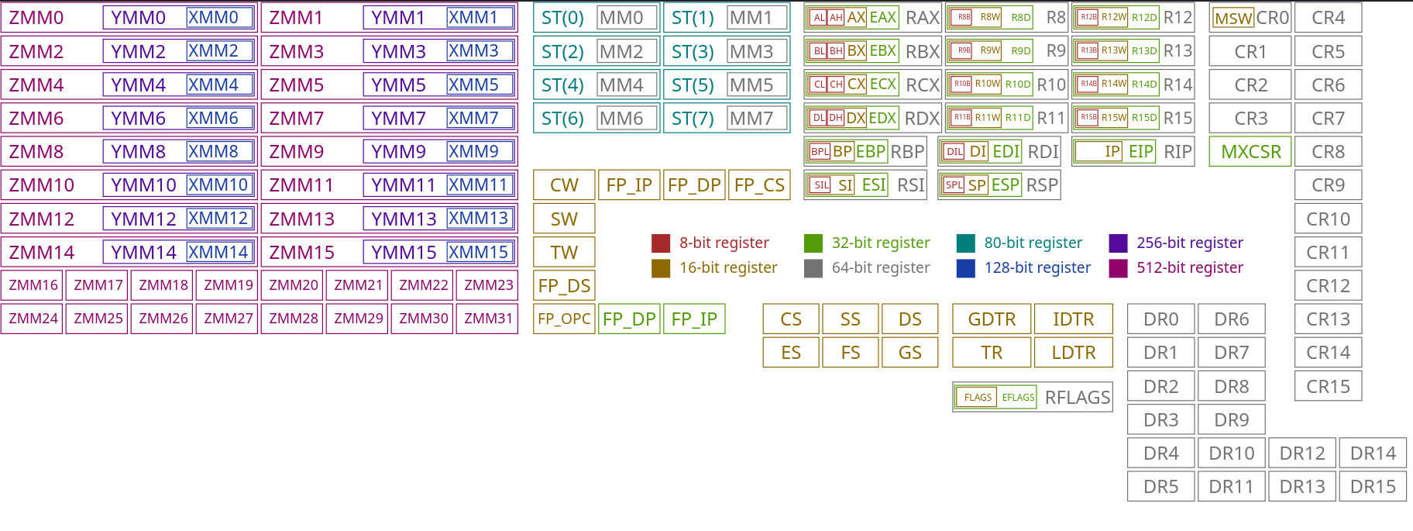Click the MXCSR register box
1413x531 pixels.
(1250, 152)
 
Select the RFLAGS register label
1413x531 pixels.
(1077, 398)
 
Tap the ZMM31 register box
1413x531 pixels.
(488, 319)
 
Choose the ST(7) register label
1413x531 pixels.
(693, 119)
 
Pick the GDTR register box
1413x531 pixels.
(992, 319)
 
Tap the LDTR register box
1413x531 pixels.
(1073, 353)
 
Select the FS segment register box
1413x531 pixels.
(851, 353)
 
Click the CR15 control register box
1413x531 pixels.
(1328, 386)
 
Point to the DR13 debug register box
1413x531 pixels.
(1301, 487)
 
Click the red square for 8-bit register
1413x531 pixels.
(661, 243)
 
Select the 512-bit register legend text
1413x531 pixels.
(1189, 268)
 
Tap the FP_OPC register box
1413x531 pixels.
(564, 319)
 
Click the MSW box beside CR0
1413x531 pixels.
(1233, 19)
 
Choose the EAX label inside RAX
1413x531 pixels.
(882, 17)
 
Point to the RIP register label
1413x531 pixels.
(1177, 152)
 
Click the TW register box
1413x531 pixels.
(564, 253)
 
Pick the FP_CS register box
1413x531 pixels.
(759, 185)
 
